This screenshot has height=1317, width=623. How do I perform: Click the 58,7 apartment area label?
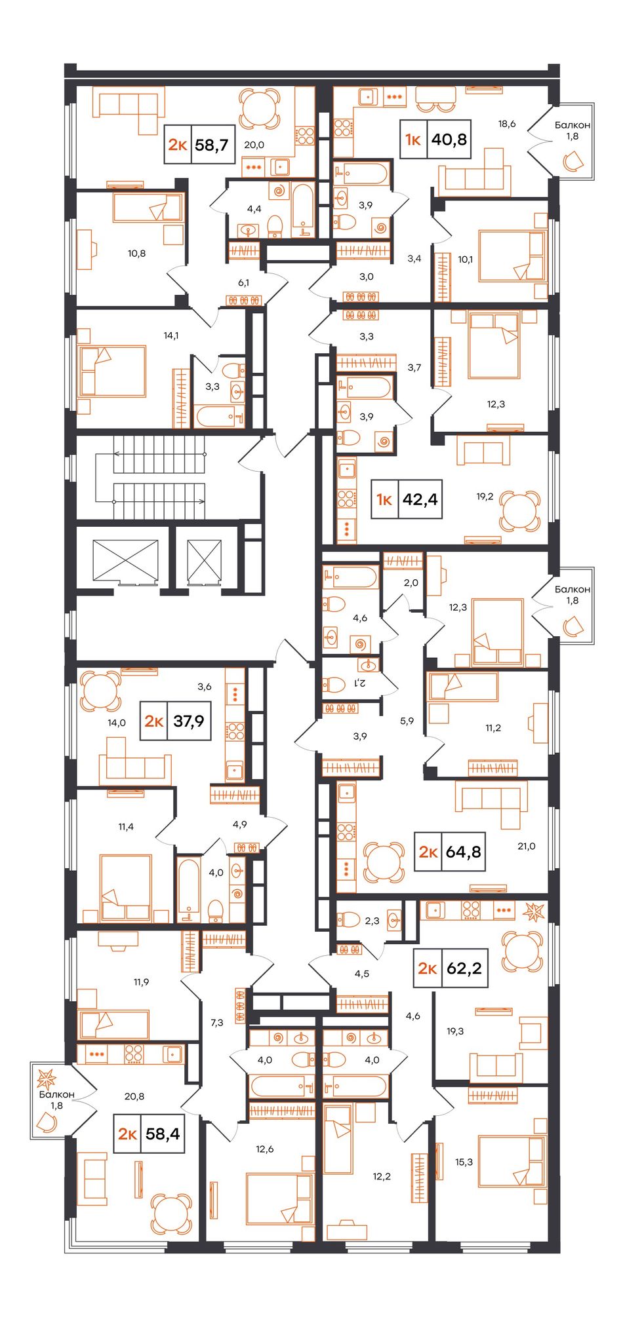pos(212,144)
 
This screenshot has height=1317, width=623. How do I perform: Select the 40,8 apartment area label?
pos(449,139)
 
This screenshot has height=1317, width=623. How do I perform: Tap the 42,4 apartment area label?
pos(420,499)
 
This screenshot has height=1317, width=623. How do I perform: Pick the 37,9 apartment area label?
pos(189,721)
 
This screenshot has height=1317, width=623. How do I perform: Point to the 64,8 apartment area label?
pos(463,852)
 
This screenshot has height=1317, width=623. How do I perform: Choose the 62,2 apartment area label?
pos(464,968)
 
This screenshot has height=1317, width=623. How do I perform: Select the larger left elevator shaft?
pos(125,561)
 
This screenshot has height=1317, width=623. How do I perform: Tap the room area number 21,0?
pos(527,846)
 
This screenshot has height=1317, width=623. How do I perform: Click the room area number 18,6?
pos(507,123)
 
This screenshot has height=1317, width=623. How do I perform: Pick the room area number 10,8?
pos(136,253)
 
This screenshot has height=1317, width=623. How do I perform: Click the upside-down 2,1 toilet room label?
pos(359,683)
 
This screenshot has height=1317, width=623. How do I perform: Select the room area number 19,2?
pos(485,497)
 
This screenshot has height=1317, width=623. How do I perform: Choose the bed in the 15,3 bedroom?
pos(512,1162)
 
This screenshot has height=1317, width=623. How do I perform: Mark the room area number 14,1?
pos(171,335)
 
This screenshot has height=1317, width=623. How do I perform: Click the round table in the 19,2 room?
pos(520,510)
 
